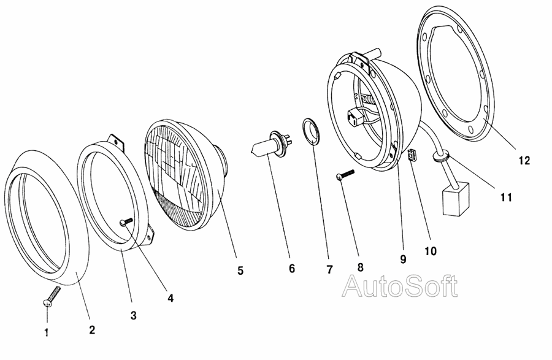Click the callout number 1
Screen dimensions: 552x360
[47, 332]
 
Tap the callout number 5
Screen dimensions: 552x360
[240, 270]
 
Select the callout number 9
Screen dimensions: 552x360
[404, 259]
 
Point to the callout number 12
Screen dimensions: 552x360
[524, 161]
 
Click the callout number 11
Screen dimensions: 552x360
[506, 197]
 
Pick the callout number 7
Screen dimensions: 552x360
[329, 270]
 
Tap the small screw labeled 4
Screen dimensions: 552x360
[126, 221]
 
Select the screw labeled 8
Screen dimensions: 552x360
[345, 175]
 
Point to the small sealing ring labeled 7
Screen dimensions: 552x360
[312, 131]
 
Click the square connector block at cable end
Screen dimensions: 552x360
[456, 199]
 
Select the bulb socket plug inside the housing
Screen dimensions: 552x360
[356, 118]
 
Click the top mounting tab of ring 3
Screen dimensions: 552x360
[116, 142]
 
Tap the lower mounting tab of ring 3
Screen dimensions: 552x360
[149, 236]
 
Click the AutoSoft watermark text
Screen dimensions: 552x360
[401, 286]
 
